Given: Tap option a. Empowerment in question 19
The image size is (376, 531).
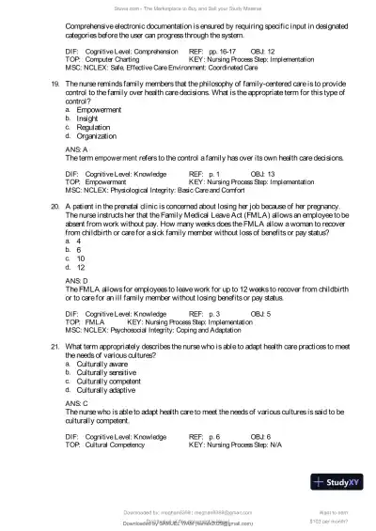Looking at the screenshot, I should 98,109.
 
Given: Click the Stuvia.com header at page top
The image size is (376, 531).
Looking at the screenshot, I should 188,6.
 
